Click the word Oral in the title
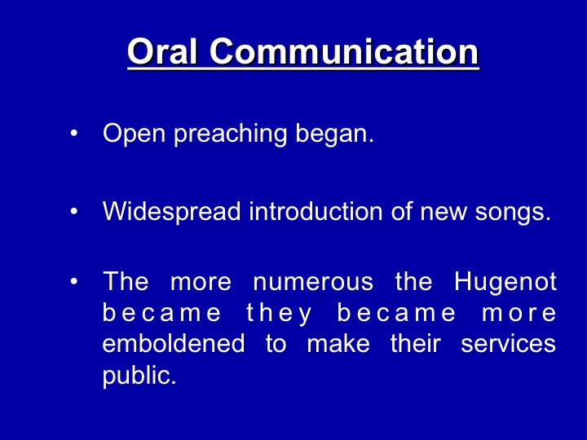pyautogui.click(x=162, y=51)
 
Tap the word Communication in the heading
pyautogui.click(x=344, y=51)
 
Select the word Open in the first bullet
pyautogui.click(x=134, y=134)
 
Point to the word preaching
pyautogui.click(x=230, y=134)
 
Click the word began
pyautogui.click(x=334, y=134)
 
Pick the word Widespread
pyautogui.click(x=171, y=211)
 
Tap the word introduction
pyautogui.click(x=316, y=211)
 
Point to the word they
pyautogui.click(x=279, y=314)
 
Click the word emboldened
pyautogui.click(x=174, y=343)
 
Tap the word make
pyautogui.click(x=338, y=343)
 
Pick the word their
pyautogui.click(x=416, y=343)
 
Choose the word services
pyautogui.click(x=508, y=343)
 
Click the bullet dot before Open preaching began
pyautogui.click(x=73, y=133)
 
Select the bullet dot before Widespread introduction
pyautogui.click(x=73, y=211)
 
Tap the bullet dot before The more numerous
pyautogui.click(x=73, y=281)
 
